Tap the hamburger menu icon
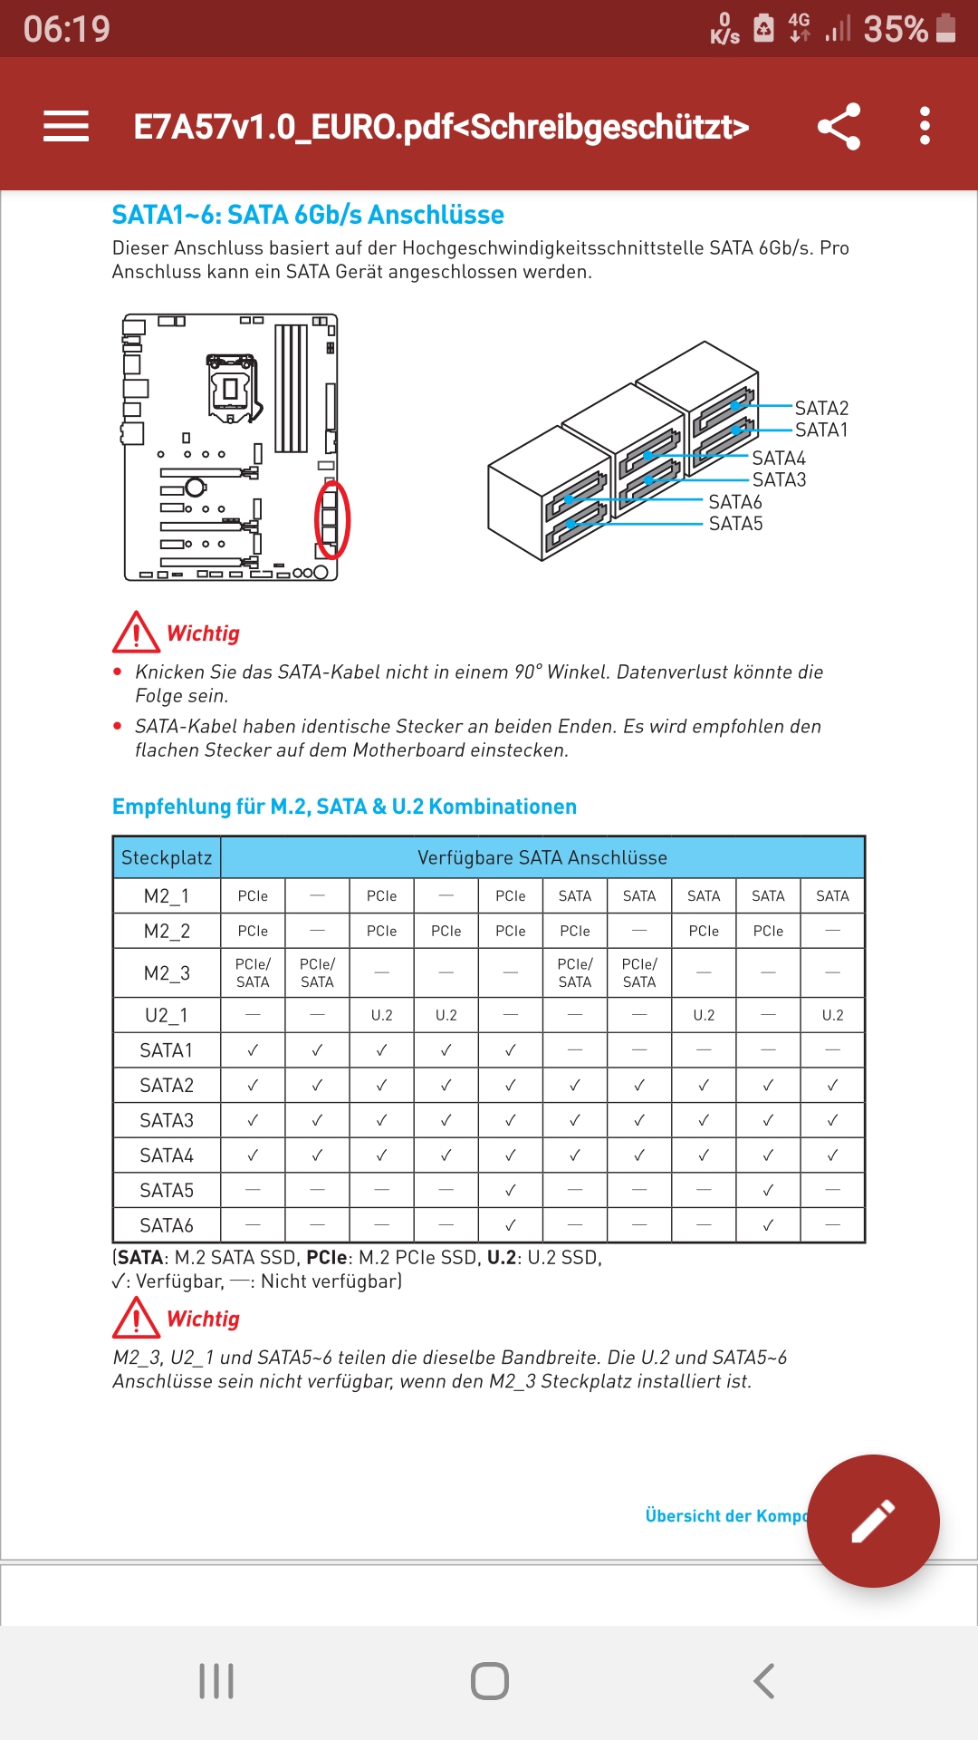tap(66, 126)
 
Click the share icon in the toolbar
tap(839, 126)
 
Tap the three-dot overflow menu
tap(925, 126)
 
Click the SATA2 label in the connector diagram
tap(821, 409)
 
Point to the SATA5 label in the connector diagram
tap(735, 524)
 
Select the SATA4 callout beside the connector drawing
tap(778, 459)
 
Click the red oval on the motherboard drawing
tap(331, 519)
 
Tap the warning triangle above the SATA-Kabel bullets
tap(137, 633)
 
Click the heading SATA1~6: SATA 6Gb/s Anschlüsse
tap(308, 215)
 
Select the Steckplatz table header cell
tap(167, 857)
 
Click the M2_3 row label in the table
tap(167, 973)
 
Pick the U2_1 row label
tap(167, 1015)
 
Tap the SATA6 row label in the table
tap(167, 1225)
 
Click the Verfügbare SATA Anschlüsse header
tap(542, 857)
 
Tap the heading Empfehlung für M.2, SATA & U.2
tap(344, 807)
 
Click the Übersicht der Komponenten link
tap(724, 1516)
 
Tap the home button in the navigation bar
tap(489, 1681)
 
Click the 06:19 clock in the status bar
tap(67, 29)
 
